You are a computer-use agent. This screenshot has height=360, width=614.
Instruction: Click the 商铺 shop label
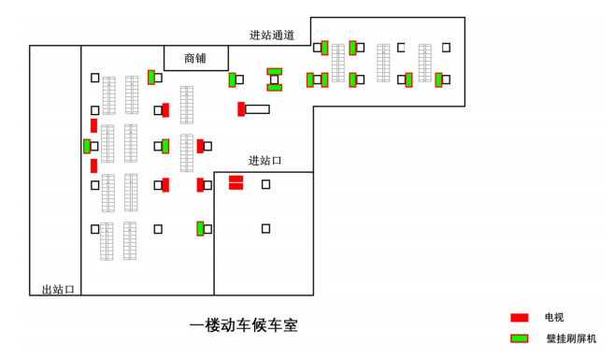pos(195,58)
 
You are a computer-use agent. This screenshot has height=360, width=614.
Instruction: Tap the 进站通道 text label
pos(272,36)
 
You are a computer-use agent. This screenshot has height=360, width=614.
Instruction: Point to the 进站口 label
pos(265,161)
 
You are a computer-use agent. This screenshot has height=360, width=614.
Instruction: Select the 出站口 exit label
pos(58,289)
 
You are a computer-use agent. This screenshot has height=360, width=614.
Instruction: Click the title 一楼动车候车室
pos(244,325)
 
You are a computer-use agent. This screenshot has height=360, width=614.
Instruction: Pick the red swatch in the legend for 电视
pos(520,318)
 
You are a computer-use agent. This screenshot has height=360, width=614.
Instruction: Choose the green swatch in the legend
pos(520,338)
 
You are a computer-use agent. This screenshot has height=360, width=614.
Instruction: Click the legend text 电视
pos(554,318)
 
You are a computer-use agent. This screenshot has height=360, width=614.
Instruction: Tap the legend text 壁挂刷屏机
pos(571,338)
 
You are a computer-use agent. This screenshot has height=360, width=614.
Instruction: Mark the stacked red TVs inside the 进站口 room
pos(236,182)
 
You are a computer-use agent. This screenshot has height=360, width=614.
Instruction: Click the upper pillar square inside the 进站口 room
pos(265,184)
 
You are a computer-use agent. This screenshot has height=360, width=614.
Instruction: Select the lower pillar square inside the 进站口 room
pos(265,228)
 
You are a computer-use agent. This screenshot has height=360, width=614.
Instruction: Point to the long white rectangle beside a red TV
pos(257,109)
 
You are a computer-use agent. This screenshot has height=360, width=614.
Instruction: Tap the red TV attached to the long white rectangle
pos(241,109)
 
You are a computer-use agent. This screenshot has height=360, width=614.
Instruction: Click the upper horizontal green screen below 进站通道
pos(274,71)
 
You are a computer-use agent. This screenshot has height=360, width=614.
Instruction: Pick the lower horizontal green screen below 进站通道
pos(274,88)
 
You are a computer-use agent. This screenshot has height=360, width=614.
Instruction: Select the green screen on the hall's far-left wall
pos(86,146)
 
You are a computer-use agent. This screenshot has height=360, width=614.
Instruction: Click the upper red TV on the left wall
pos(93,125)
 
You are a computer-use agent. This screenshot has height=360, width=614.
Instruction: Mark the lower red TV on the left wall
pos(93,166)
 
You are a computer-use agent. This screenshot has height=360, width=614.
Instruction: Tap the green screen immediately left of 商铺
pos(151,77)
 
